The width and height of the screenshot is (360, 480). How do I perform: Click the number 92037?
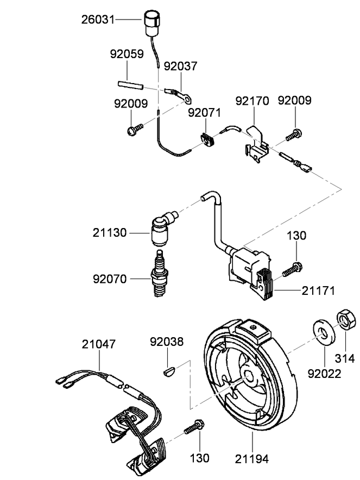coord(181,66)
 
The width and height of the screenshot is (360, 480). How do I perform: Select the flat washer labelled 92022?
coord(324,332)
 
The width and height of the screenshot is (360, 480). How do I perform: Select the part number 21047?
coord(99,344)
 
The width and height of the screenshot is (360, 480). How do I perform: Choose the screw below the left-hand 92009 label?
coord(135,129)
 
